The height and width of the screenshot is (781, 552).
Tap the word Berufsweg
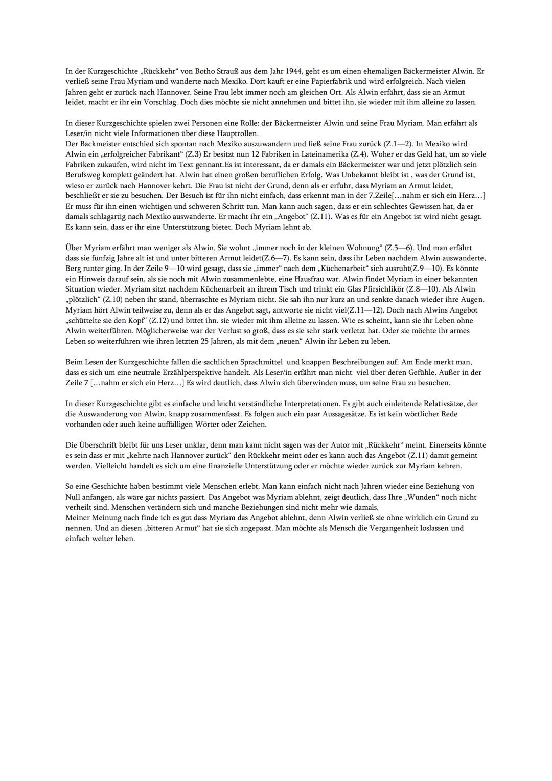[x=84, y=175]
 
